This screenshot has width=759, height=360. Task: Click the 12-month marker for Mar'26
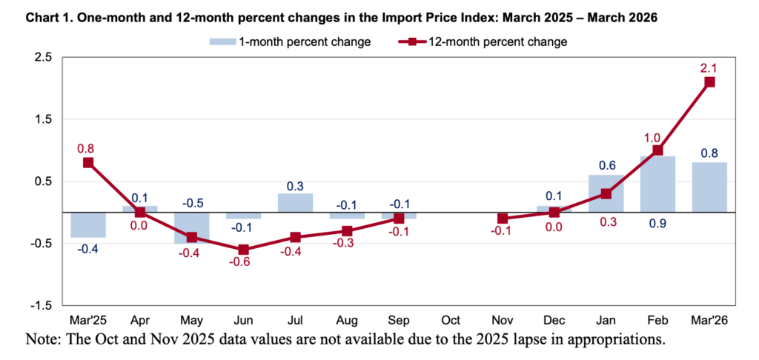[x=709, y=82]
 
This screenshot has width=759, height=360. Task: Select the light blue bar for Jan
[x=606, y=193]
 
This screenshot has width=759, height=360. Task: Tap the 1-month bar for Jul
[x=295, y=203]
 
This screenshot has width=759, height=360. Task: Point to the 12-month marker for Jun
[x=243, y=250]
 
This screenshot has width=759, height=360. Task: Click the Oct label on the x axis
[x=451, y=321]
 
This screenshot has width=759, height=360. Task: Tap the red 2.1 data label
[x=709, y=67]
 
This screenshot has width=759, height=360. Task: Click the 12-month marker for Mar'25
[x=88, y=162]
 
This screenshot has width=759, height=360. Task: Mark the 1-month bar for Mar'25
[x=88, y=224]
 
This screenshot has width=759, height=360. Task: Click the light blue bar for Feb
[x=657, y=184]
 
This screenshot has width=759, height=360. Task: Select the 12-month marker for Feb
[x=657, y=150]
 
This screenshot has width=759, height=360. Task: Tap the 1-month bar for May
[x=191, y=227]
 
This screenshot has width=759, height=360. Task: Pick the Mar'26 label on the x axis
[x=709, y=321]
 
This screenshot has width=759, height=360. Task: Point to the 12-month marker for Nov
[x=503, y=219]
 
